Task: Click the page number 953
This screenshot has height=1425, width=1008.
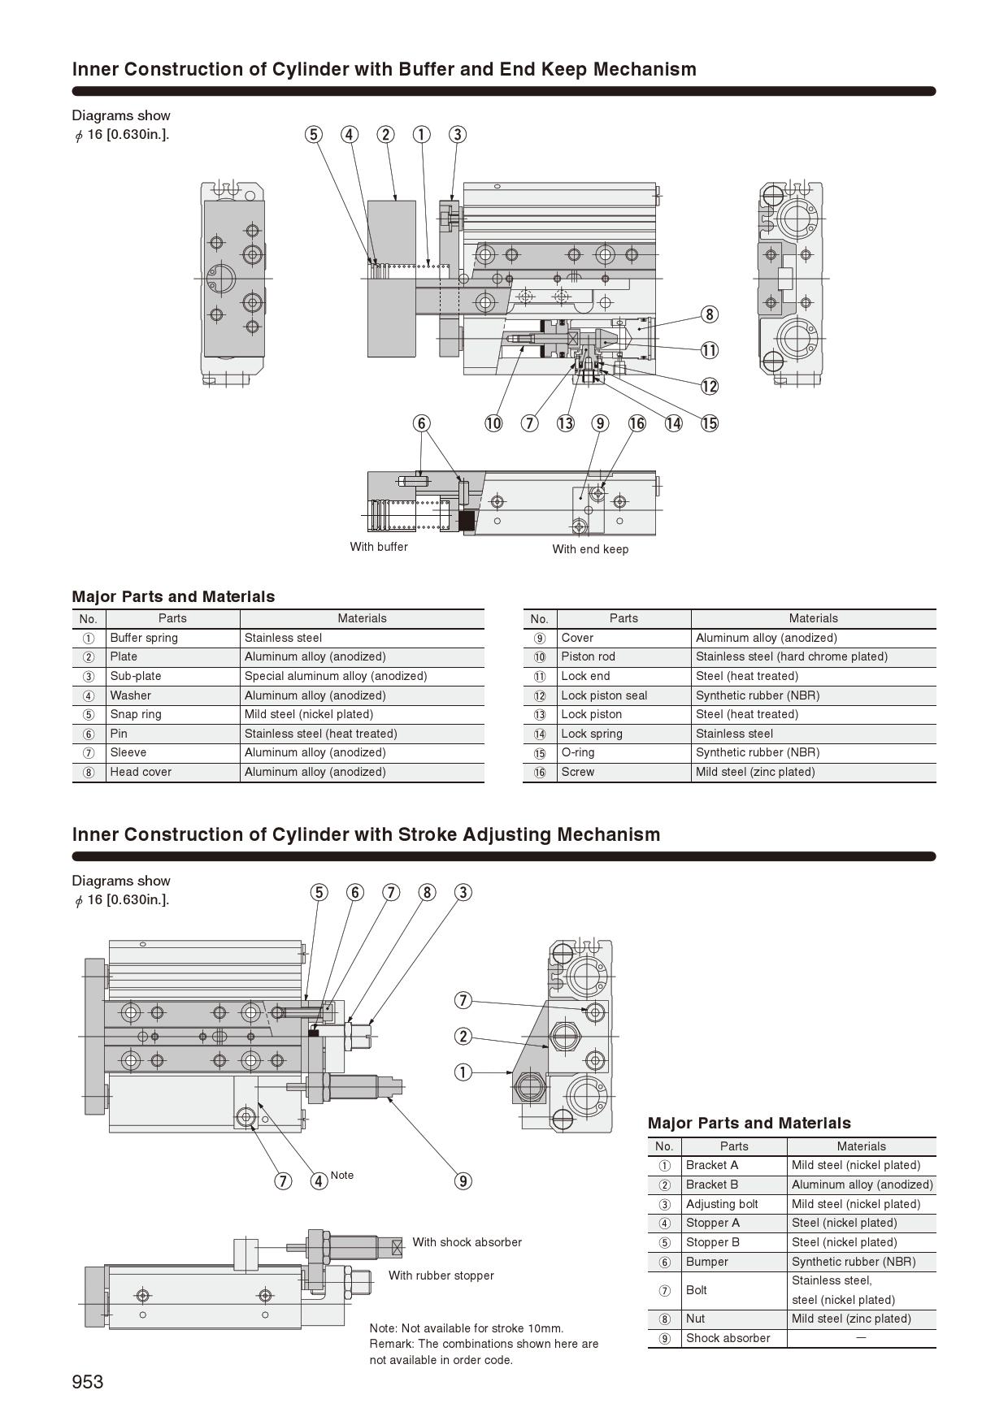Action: coord(88,1382)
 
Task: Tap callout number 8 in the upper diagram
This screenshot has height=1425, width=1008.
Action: coord(710,314)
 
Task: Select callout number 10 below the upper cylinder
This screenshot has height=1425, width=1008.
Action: coord(493,423)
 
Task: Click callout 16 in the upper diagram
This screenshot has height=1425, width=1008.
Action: coord(637,423)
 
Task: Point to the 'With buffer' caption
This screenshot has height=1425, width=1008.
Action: coord(379,547)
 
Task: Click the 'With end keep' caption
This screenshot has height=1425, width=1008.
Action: coord(590,549)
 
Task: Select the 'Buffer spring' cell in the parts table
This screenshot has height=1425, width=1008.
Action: coord(144,638)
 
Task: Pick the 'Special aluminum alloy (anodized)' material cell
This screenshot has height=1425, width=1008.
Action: coord(336,676)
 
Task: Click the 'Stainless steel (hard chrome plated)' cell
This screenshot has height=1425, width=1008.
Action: coord(792,656)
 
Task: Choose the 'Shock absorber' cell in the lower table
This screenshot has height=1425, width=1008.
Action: coord(728,1338)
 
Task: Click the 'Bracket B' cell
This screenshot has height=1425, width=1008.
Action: coord(712,1185)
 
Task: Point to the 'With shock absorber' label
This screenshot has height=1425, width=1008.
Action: coord(467,1242)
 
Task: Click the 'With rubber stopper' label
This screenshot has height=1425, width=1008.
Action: coord(441,1276)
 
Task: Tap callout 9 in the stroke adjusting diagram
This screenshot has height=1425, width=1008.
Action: coord(463,1180)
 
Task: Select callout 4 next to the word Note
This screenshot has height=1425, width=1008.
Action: coord(319,1180)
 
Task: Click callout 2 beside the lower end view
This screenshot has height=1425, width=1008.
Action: coord(463,1036)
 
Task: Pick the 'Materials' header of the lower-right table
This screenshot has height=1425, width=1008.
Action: coord(861,1146)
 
